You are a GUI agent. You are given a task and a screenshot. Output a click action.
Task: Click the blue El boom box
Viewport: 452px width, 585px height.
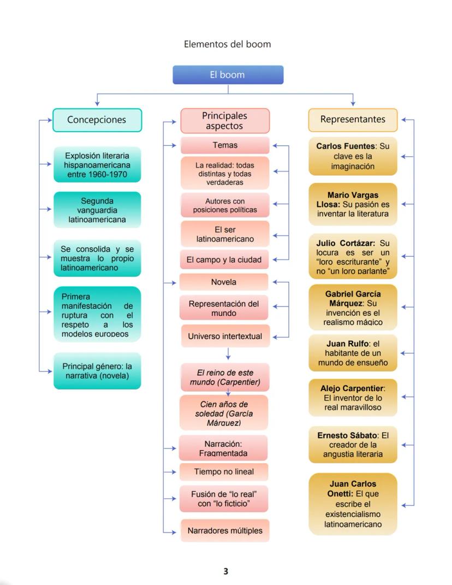(x=228, y=75)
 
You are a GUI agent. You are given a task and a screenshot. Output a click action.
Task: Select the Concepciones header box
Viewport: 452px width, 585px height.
(x=97, y=120)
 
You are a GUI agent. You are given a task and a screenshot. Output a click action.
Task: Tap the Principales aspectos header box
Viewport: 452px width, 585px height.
(x=224, y=121)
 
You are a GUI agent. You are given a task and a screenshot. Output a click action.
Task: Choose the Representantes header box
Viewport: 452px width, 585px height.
(x=353, y=119)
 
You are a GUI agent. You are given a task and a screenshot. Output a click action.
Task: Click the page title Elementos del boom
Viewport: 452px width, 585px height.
(x=227, y=44)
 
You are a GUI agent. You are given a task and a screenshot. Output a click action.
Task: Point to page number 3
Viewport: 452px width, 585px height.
(x=225, y=571)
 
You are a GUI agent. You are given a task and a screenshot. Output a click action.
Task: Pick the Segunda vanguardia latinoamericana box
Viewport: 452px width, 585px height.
(x=97, y=210)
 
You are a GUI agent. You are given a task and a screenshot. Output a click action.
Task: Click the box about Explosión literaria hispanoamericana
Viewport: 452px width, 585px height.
(x=97, y=164)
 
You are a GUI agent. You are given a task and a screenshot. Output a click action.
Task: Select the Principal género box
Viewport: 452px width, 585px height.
(x=97, y=370)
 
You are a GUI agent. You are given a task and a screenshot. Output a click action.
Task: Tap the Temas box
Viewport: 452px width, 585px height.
(x=224, y=145)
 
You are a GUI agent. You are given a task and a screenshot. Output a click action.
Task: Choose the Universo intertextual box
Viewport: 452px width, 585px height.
(x=225, y=336)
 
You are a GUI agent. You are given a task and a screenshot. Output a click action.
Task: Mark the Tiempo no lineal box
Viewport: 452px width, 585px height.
(x=224, y=471)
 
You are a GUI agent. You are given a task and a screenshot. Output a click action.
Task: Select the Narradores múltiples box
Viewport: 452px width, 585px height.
(x=225, y=530)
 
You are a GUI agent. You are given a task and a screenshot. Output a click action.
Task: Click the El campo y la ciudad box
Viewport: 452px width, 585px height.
(x=224, y=260)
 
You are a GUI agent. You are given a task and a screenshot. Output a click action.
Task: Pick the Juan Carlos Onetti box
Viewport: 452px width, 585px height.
(x=353, y=504)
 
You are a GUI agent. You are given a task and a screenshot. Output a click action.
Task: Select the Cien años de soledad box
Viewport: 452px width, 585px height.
(x=224, y=412)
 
